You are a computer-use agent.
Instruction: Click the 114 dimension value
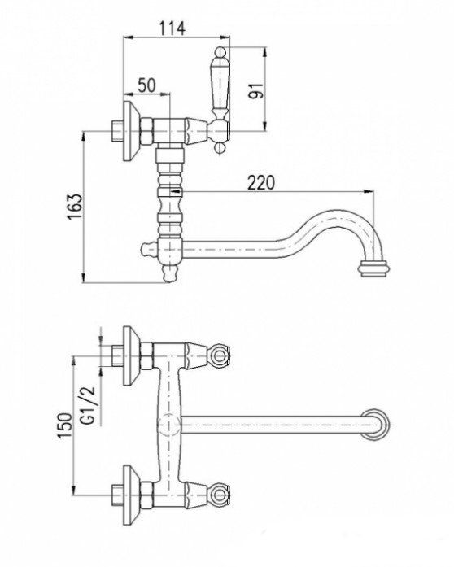[x=172, y=28]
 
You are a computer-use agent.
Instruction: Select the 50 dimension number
[x=146, y=85]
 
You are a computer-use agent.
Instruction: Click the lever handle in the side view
[x=219, y=85]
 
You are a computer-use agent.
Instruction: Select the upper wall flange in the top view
[x=130, y=355]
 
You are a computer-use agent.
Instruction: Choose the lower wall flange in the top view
[x=130, y=493]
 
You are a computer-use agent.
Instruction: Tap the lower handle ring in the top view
[x=220, y=493]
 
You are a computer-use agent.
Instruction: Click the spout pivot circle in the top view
[x=167, y=423]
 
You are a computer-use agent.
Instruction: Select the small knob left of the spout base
[x=146, y=247]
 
